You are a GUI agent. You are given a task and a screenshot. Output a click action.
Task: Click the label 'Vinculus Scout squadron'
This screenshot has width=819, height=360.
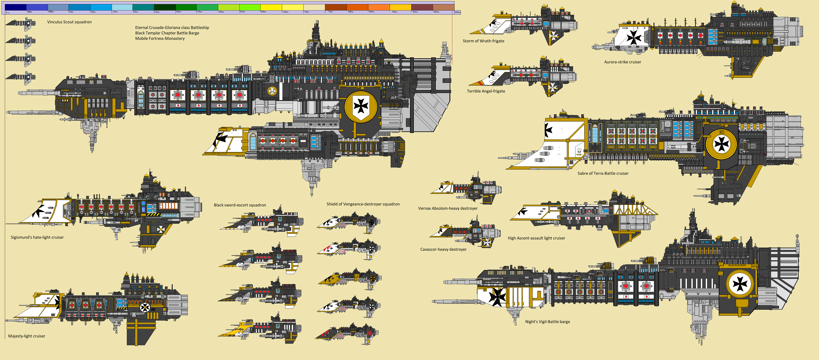click(69, 22)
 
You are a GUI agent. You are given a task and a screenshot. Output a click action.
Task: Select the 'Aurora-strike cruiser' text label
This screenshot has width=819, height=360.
click(623, 62)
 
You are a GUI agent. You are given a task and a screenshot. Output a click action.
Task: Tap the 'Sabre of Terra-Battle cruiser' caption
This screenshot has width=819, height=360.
click(603, 173)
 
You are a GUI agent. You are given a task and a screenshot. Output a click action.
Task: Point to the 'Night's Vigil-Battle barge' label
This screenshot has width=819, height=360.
click(547, 322)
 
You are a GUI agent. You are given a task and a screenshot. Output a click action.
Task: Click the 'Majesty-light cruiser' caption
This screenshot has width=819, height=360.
click(27, 336)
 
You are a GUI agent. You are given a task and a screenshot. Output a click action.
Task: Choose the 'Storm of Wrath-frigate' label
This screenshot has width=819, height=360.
click(483, 41)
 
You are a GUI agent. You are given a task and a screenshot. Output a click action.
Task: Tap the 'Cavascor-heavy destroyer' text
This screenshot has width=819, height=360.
click(443, 249)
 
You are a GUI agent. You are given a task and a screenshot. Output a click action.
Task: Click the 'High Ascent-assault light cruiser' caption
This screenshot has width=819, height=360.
click(536, 238)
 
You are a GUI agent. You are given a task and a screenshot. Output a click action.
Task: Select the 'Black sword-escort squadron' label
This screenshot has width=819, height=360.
click(240, 205)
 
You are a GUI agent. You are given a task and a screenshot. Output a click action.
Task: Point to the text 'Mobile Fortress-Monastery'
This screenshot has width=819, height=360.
click(160, 38)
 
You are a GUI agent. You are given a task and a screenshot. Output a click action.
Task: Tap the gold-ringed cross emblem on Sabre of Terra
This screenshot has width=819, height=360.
click(721, 145)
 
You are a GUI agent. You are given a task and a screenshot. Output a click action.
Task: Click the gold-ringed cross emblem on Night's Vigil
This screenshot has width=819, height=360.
click(740, 284)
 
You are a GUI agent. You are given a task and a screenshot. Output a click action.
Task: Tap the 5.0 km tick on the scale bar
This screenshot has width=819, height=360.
click(218, 12)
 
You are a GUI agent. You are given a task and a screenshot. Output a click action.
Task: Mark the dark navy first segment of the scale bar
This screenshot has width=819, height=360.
click(16, 7)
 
